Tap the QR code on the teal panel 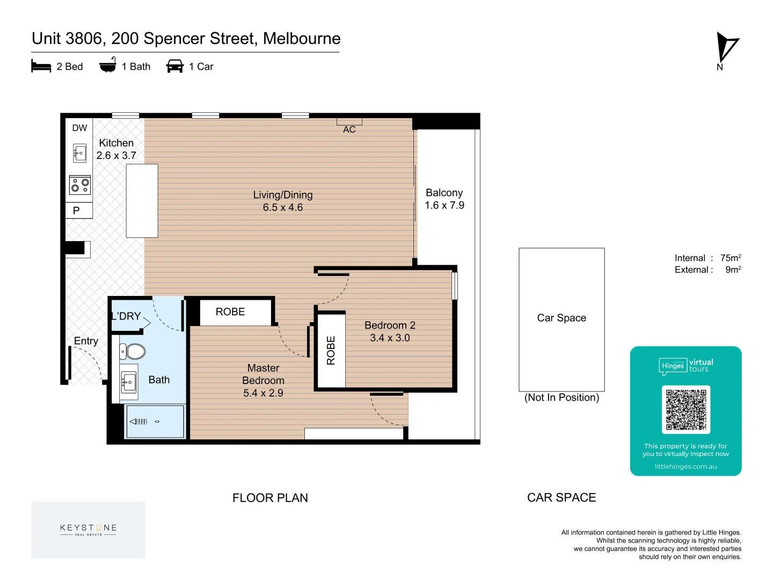pos(686,409)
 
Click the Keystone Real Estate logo pos(88,530)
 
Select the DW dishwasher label pos(79,128)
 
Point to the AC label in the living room pos(349,129)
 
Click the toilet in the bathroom pos(133,351)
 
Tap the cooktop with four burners pos(79,185)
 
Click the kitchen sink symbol pos(79,153)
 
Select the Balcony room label pos(444,193)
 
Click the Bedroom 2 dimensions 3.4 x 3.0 pos(390,338)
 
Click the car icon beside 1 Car pos(174,66)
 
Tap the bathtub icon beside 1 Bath pos(108,64)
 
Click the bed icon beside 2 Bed pos(41,66)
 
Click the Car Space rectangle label pos(561,317)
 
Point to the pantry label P pos(76,211)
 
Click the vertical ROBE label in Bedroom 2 pos(331,350)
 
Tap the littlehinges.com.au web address pos(686,466)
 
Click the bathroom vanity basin pos(128,382)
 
